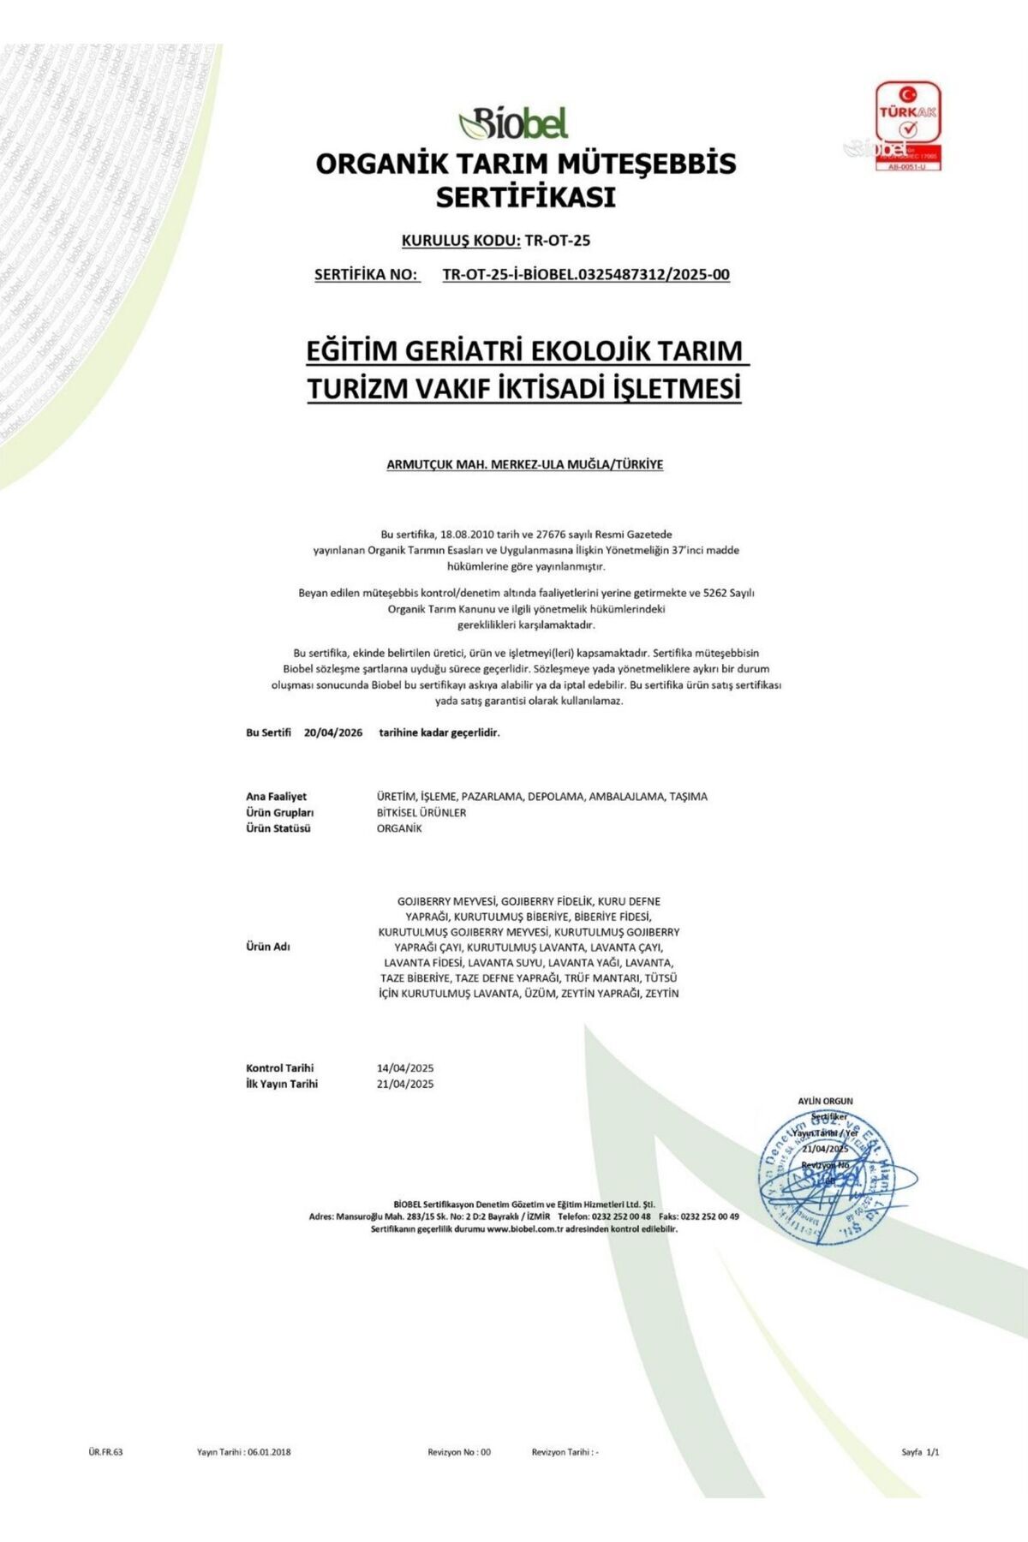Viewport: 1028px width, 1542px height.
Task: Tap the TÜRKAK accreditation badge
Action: click(907, 126)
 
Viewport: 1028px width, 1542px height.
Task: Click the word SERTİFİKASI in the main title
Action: click(525, 198)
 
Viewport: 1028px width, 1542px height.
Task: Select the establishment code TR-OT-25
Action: click(558, 241)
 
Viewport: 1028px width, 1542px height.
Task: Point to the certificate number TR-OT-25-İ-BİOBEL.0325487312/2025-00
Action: click(586, 275)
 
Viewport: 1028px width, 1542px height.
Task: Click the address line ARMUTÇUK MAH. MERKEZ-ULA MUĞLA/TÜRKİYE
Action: click(524, 465)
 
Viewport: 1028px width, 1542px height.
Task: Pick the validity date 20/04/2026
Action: click(333, 733)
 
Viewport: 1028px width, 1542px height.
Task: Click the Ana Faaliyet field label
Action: click(276, 797)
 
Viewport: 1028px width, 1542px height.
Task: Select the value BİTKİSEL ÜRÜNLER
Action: click(421, 813)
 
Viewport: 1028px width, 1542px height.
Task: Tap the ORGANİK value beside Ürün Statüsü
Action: click(399, 828)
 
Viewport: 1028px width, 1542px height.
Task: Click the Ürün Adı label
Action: click(268, 947)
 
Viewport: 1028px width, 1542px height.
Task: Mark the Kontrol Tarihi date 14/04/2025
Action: click(405, 1068)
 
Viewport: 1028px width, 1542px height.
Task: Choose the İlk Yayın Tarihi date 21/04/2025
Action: click(405, 1085)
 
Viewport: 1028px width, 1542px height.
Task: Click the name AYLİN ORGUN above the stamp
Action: click(825, 1102)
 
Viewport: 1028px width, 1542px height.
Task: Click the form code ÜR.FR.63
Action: click(105, 1452)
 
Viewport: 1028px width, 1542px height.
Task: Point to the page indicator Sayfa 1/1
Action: click(920, 1452)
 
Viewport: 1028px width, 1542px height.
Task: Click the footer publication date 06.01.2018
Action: click(269, 1452)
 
